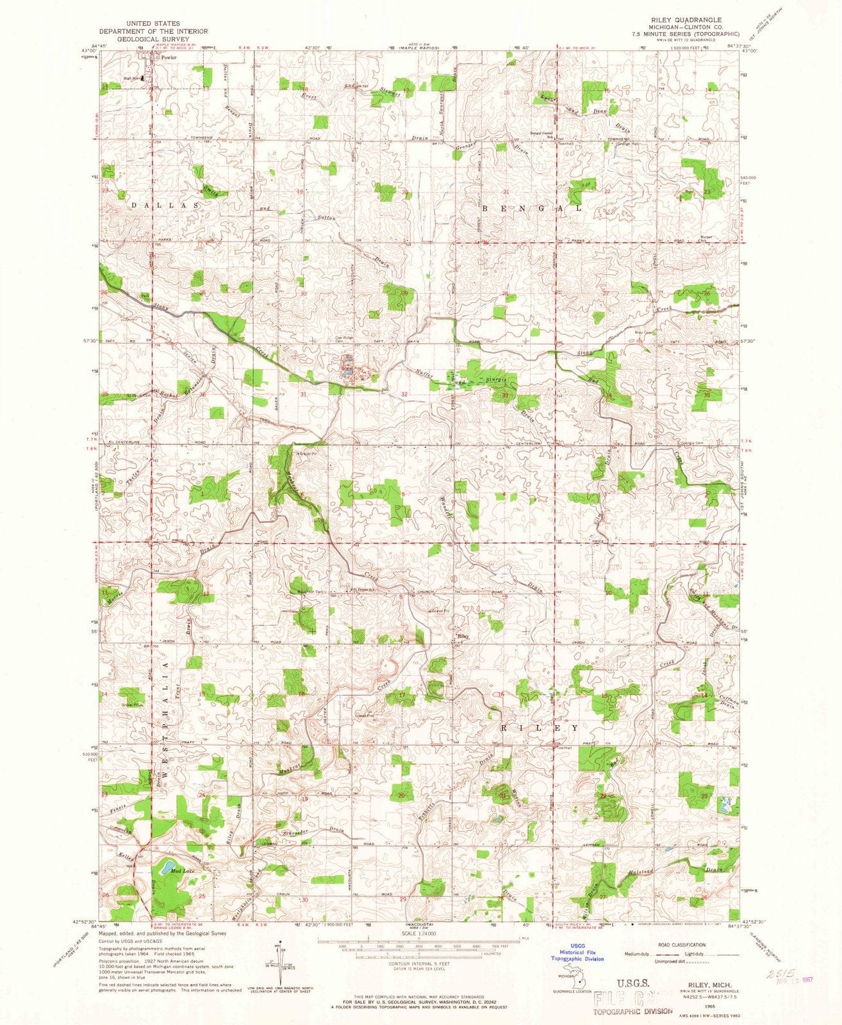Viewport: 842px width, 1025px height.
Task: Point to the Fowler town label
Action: click(169, 58)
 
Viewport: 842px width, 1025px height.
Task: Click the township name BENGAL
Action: click(532, 209)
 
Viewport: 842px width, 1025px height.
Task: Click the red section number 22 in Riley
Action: click(604, 796)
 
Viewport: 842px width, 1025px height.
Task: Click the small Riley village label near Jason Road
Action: click(463, 637)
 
